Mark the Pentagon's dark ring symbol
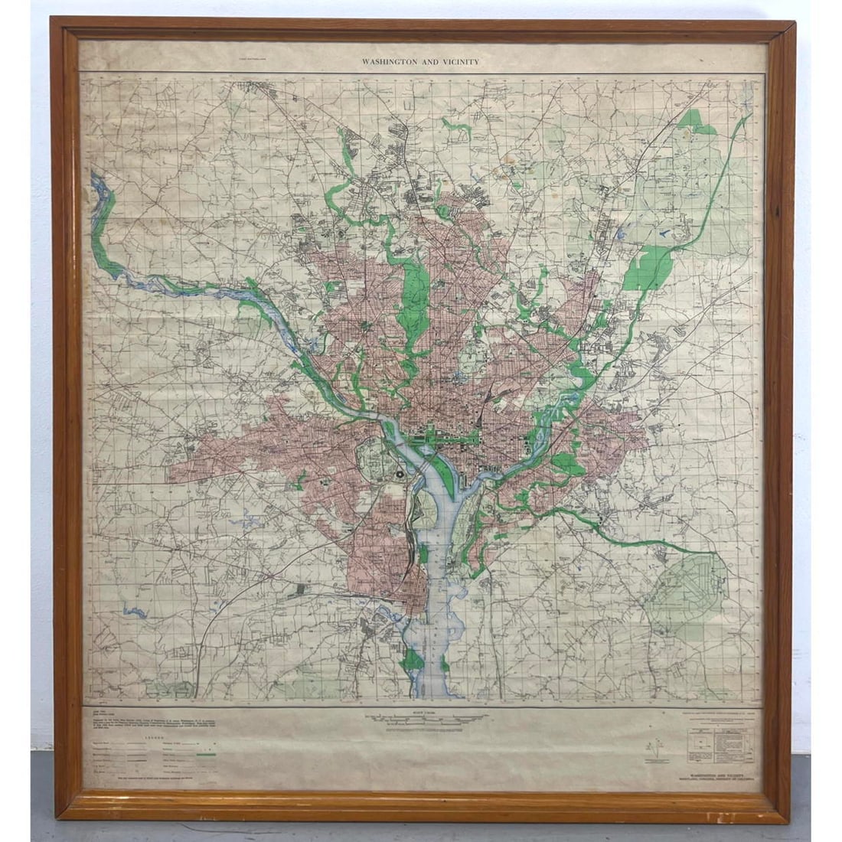[400, 476]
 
